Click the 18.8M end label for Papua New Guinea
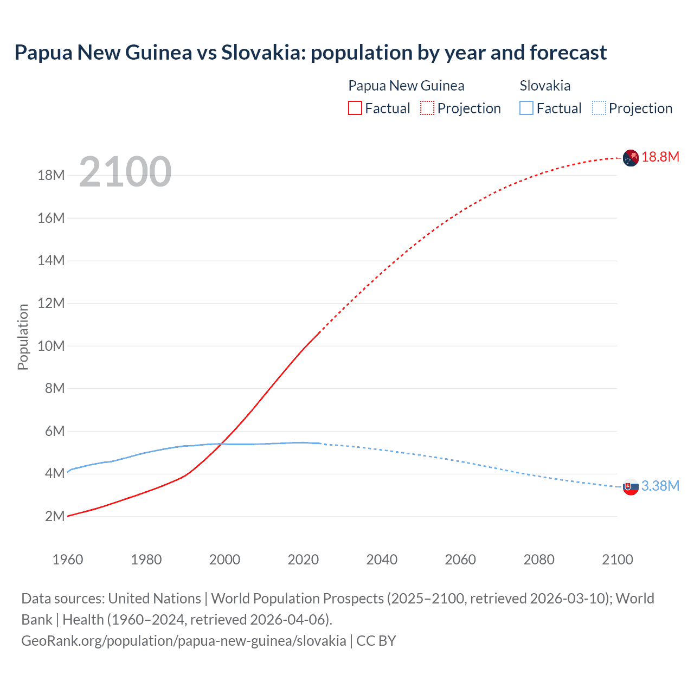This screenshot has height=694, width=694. point(660,157)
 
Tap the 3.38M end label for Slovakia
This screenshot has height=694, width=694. point(660,486)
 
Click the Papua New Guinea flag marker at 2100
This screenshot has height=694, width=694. point(631,158)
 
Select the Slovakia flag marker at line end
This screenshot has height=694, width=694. point(631,487)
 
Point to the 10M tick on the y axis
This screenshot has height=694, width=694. point(51,346)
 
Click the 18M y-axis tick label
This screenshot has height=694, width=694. point(51,175)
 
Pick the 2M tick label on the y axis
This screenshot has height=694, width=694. point(55,516)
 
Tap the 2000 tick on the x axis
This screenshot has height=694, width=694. point(224,560)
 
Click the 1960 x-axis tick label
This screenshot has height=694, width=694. point(68,560)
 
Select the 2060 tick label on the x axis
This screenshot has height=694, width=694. point(460,560)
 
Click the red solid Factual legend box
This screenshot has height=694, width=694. point(355,108)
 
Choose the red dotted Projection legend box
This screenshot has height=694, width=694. point(427,108)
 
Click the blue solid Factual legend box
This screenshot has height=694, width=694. point(526,108)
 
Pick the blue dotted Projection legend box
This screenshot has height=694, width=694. point(599,108)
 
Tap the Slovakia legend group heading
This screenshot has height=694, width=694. point(545,86)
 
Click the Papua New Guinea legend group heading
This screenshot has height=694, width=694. point(406,86)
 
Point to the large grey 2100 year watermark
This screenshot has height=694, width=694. point(125,172)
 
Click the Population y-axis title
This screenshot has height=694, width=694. point(23,337)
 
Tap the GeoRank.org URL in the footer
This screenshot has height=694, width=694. point(183,640)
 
